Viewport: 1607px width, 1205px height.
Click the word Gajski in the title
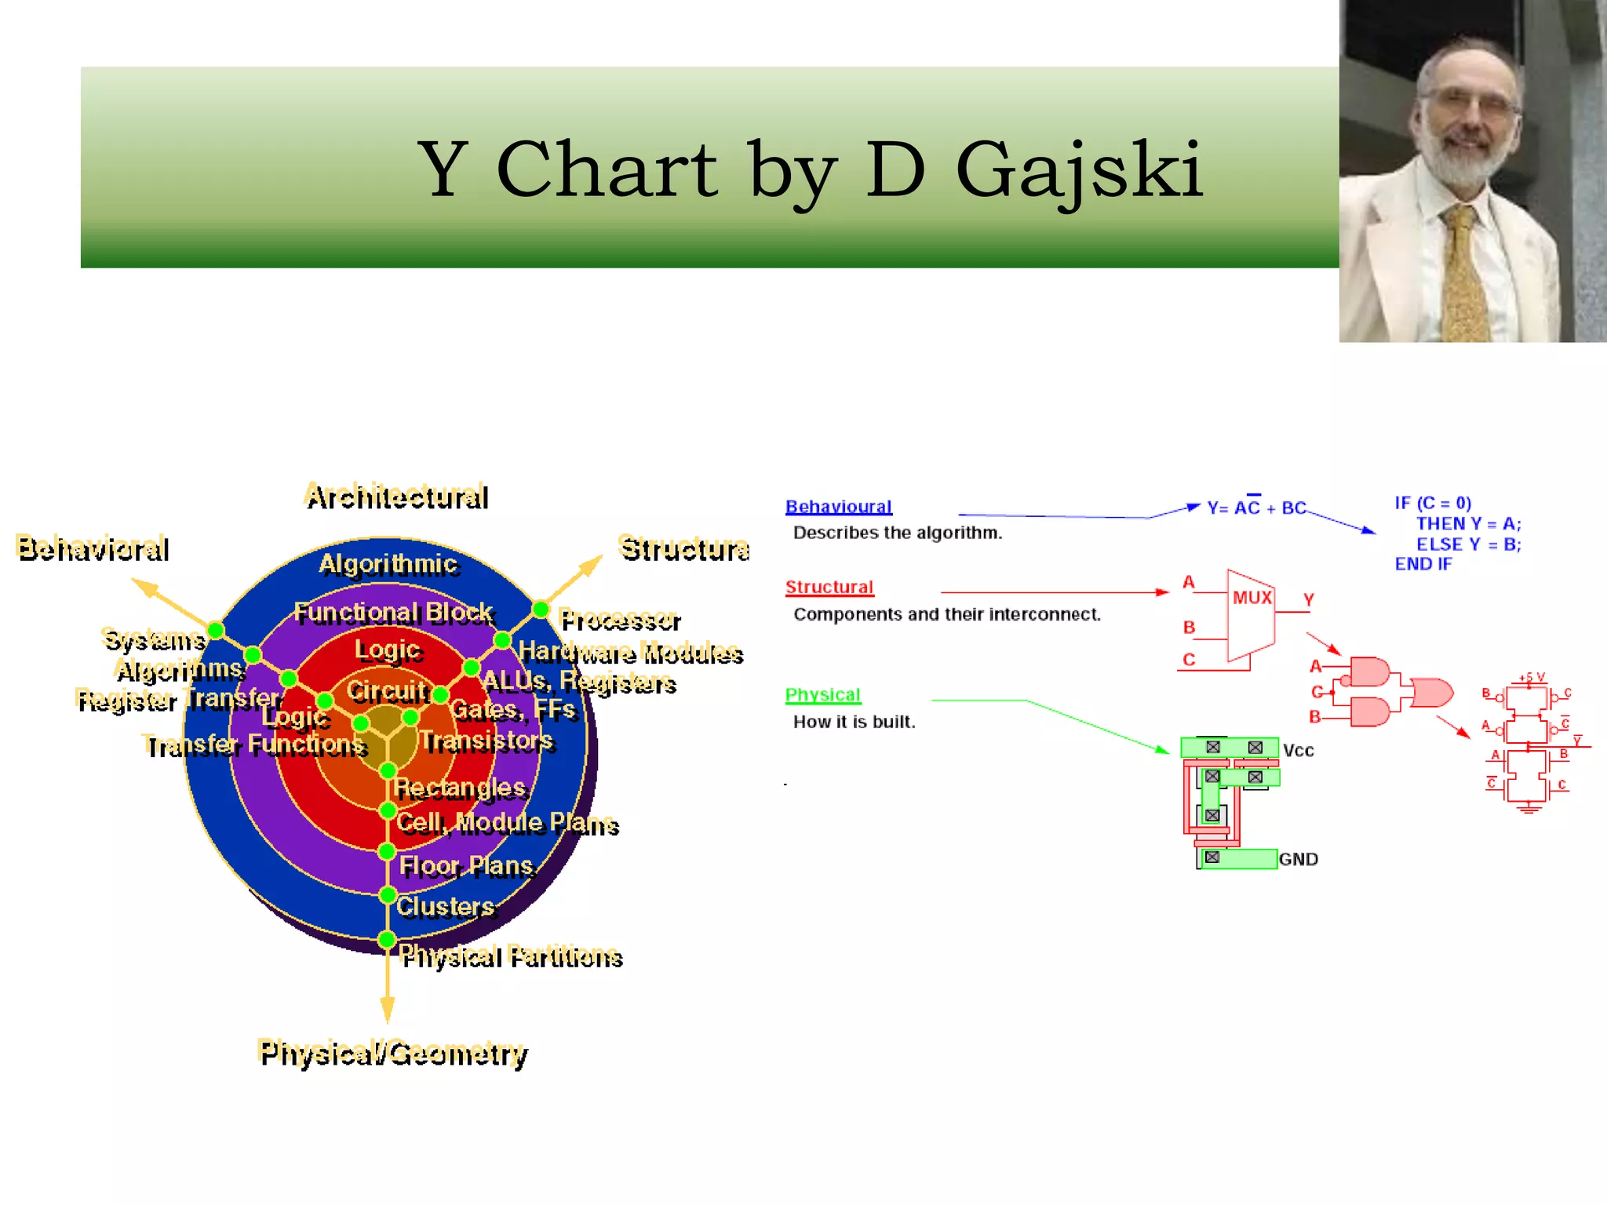(1079, 171)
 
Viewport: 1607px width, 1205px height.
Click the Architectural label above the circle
(397, 497)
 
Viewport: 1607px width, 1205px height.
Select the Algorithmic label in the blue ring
(388, 564)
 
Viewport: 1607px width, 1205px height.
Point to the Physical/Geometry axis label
(393, 1053)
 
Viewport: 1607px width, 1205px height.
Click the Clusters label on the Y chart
(446, 907)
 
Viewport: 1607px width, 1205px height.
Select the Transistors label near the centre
(486, 741)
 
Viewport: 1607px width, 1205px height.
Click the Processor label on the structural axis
(620, 621)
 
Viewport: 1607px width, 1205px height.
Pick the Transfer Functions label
(256, 744)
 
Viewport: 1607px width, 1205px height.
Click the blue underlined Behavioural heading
(839, 507)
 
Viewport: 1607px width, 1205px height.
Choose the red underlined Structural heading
(829, 587)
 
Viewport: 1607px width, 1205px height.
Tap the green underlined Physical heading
(822, 695)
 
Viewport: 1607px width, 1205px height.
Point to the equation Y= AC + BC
(1256, 508)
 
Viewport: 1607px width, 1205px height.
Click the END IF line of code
(1423, 564)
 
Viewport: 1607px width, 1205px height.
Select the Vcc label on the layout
(1298, 751)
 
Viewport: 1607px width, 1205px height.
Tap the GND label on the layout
(1299, 859)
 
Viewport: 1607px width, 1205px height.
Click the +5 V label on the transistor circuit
(1531, 677)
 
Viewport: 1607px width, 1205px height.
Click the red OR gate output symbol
(1433, 694)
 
